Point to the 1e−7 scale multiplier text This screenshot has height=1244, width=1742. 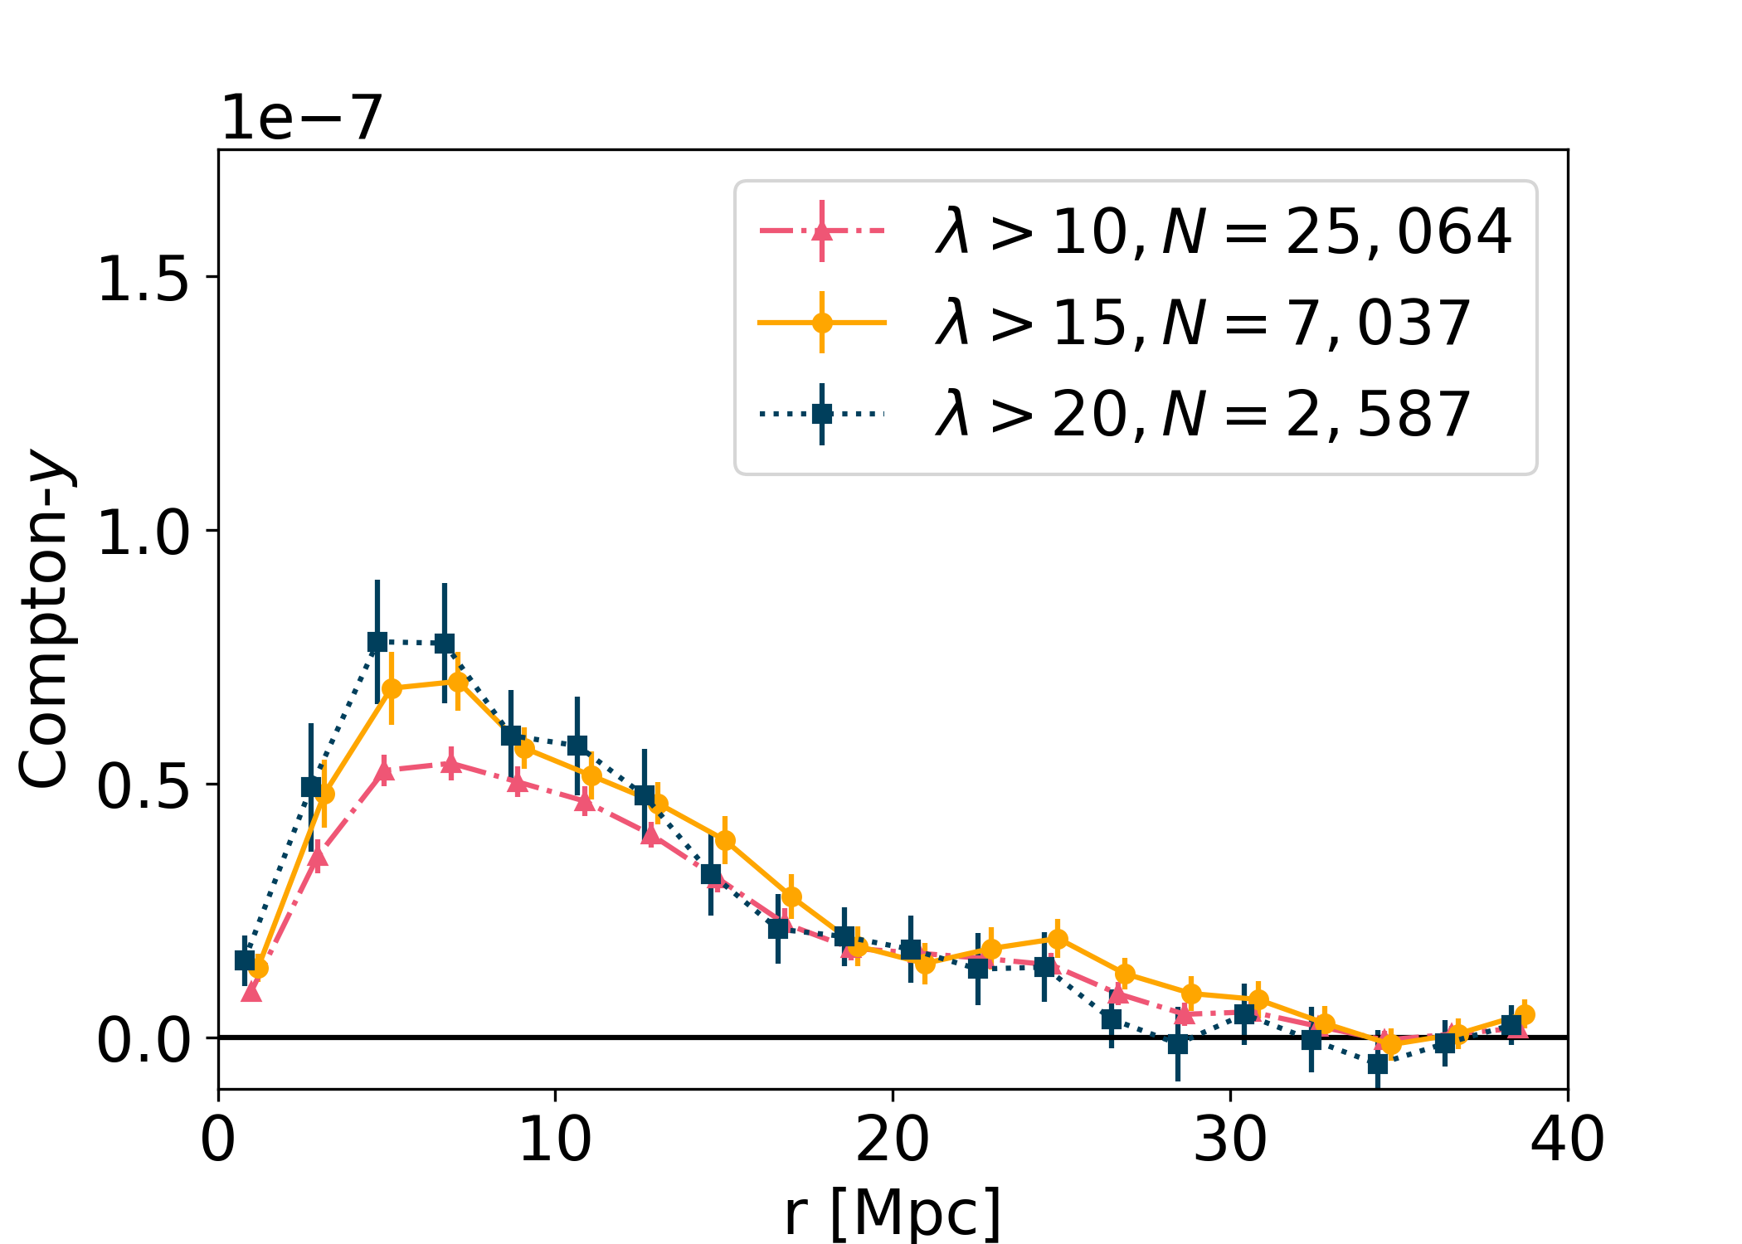point(301,118)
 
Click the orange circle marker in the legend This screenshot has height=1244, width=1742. point(822,323)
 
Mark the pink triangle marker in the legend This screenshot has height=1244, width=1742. point(822,231)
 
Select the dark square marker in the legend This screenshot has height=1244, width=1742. point(822,413)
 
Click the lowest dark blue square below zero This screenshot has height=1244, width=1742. point(1378,1064)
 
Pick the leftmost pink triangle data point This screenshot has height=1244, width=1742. point(251,990)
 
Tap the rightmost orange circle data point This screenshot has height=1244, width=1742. point(1524,1014)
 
